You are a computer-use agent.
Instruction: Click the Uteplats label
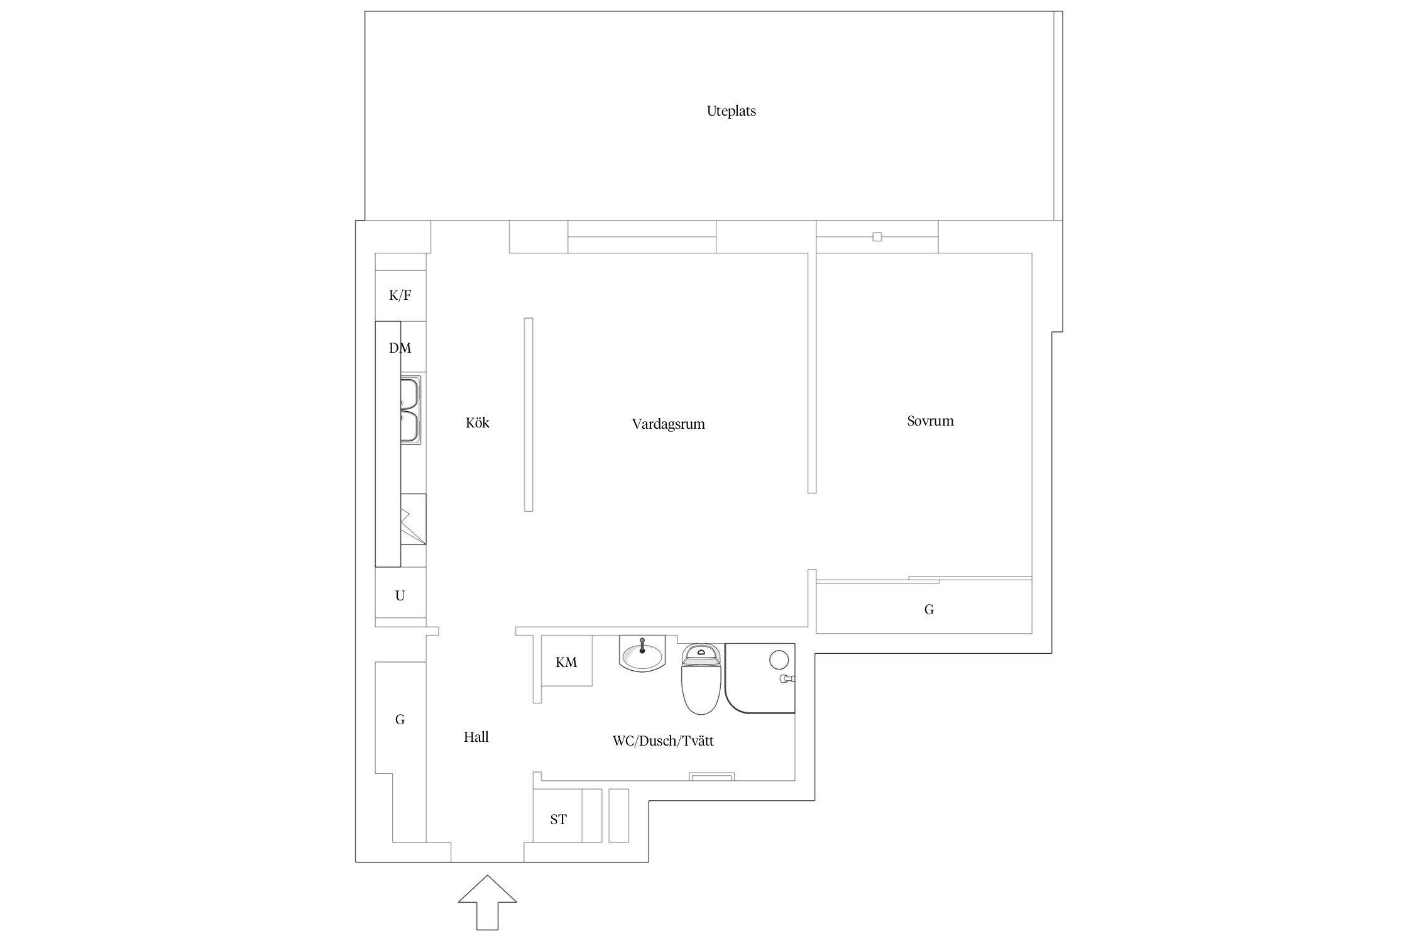(x=731, y=111)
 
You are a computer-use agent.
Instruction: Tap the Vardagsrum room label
(x=668, y=424)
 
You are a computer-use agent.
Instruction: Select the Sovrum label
(x=930, y=421)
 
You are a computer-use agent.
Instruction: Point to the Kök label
(x=478, y=422)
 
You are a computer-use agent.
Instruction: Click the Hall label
(x=476, y=737)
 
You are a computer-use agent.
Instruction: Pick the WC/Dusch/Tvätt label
(x=663, y=741)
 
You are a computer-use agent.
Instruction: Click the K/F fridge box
(x=400, y=295)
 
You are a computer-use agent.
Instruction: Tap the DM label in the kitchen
(x=400, y=348)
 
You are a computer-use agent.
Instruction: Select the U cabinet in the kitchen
(x=400, y=596)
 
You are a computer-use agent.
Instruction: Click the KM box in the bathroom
(x=566, y=661)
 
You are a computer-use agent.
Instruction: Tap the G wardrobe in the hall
(x=400, y=719)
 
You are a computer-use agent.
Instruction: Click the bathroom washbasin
(x=642, y=654)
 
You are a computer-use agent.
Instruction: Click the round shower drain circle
(x=779, y=659)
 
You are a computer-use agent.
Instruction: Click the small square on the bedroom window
(x=877, y=237)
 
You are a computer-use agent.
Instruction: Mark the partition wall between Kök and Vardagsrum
(x=529, y=414)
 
